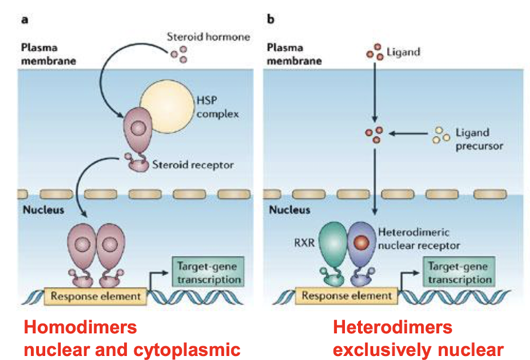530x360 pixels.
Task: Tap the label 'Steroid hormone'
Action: click(x=208, y=37)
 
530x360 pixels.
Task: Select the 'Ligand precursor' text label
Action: click(x=479, y=139)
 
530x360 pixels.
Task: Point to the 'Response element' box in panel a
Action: click(x=96, y=296)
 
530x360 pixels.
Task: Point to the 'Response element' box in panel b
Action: click(x=346, y=296)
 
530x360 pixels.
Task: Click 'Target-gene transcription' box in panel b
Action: click(x=459, y=273)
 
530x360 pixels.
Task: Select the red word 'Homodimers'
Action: click(x=80, y=327)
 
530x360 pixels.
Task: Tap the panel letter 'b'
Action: click(x=270, y=20)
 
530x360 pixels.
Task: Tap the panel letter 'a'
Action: click(x=24, y=20)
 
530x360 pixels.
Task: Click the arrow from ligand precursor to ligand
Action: click(x=408, y=134)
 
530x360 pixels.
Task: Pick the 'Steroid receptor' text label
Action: click(x=193, y=166)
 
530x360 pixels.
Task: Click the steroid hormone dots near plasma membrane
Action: click(x=179, y=55)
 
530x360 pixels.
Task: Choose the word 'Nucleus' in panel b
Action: click(x=289, y=211)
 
